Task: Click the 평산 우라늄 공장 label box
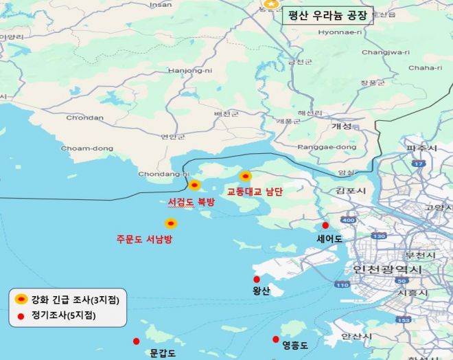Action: (327, 14)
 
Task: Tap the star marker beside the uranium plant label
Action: (272, 4)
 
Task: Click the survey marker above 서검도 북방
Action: (194, 185)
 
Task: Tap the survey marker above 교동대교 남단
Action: (245, 177)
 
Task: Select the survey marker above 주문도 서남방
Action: (171, 223)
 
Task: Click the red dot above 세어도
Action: (325, 225)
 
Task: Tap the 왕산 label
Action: (262, 291)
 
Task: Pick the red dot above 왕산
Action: (257, 280)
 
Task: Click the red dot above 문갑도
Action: (136, 341)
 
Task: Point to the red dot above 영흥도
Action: (276, 339)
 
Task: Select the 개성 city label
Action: (341, 126)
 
